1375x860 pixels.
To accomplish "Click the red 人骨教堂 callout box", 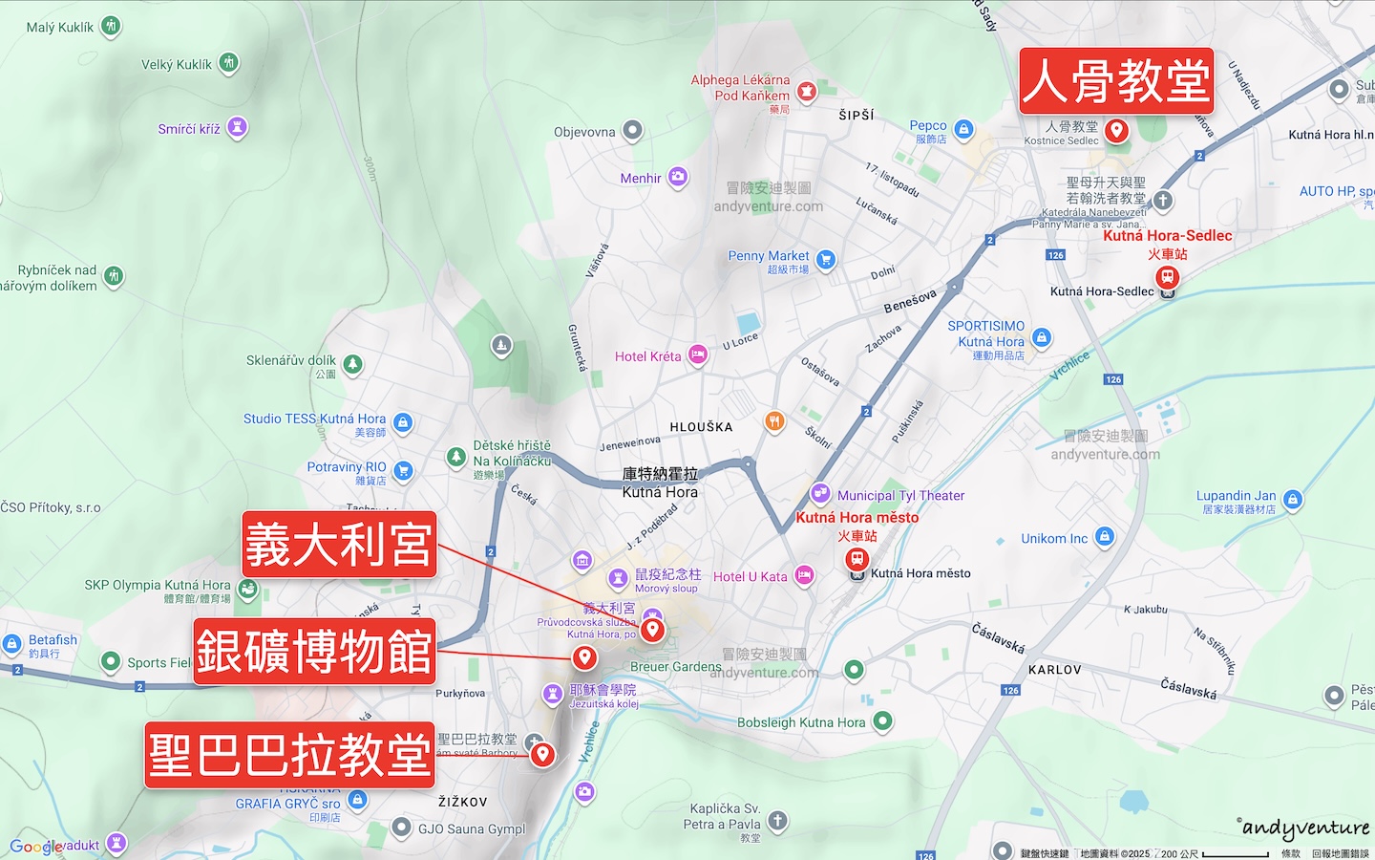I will pos(1116,80).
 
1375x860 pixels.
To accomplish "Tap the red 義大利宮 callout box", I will pos(339,545).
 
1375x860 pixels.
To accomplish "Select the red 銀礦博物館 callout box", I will pos(313,652).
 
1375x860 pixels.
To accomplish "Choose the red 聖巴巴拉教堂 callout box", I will pos(289,755).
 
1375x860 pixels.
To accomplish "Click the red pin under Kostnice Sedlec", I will pos(1116,130).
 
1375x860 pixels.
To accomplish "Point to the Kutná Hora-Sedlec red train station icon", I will pos(1167,277).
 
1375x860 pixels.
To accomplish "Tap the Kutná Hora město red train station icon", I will pos(857,559).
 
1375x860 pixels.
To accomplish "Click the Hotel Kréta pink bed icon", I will pos(698,355).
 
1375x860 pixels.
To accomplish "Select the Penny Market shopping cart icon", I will pos(826,259).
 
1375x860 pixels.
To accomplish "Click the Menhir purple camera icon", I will pos(678,176).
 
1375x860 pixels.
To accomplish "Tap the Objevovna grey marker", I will pos(632,130).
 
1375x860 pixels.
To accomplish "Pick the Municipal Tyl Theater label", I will pos(900,495).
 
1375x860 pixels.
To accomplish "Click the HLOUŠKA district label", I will pos(701,427).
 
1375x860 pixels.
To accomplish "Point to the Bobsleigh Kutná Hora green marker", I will pos(883,720).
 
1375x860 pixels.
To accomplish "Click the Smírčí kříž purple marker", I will pos(238,126).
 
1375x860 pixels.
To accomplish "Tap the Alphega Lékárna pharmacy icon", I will pos(807,91).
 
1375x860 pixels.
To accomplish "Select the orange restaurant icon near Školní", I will pos(774,420).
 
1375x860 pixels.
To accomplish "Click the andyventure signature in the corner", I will pos(1304,828).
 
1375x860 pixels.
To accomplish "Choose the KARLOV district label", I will pos(1054,670).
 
